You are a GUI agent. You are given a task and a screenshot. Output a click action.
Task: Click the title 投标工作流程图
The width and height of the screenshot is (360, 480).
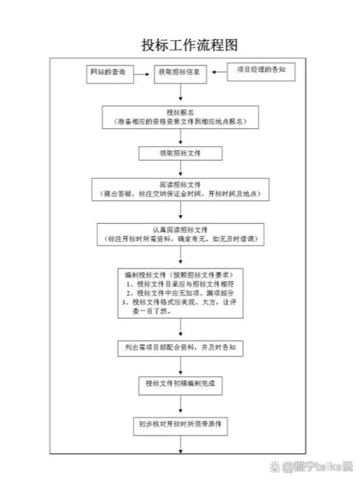180,45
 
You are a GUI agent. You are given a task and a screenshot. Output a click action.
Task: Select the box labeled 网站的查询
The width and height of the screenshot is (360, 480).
107,73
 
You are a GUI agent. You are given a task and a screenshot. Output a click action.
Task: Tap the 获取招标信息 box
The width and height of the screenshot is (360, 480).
179,73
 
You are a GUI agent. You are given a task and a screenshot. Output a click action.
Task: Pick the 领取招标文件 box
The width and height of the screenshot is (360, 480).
179,153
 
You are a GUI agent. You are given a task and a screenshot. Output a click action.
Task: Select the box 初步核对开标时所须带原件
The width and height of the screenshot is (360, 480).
180,424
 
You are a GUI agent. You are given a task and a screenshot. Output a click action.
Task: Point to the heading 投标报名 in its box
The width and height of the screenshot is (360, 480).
180,112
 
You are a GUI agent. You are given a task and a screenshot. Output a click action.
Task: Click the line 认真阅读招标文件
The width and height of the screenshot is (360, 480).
180,230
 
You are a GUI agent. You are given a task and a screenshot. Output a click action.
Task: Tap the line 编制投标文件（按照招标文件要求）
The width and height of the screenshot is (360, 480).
179,275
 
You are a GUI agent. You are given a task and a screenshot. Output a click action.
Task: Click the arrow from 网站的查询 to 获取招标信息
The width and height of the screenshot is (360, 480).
142,73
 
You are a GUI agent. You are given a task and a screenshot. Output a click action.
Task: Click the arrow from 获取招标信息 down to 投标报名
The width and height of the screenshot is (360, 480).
179,93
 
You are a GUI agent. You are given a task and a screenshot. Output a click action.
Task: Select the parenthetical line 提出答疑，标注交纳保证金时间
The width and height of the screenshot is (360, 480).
180,194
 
